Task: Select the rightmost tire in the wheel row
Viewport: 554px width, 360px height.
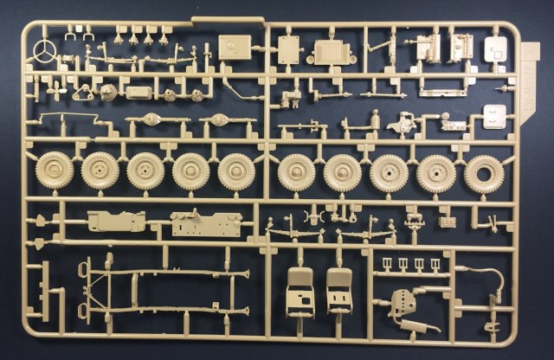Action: tap(483, 173)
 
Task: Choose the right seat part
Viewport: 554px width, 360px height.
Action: tap(339, 290)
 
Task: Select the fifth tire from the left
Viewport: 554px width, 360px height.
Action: tap(236, 170)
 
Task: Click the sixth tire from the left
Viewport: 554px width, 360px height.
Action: tap(297, 172)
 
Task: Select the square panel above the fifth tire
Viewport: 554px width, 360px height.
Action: tap(234, 47)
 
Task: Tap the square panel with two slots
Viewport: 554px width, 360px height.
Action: tap(495, 116)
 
